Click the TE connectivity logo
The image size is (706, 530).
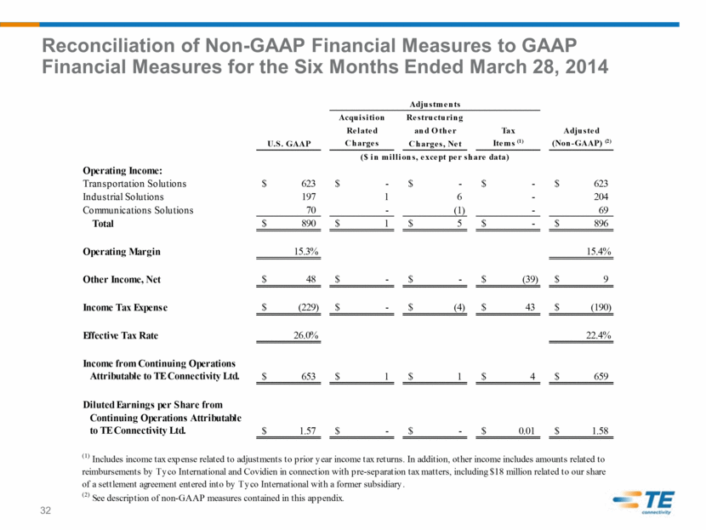pyautogui.click(x=643, y=502)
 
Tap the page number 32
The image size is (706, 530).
pyautogui.click(x=45, y=510)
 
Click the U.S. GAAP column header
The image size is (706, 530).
pyautogui.click(x=289, y=144)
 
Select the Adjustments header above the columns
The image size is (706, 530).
pyautogui.click(x=435, y=104)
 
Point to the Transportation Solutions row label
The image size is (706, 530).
pyautogui.click(x=134, y=184)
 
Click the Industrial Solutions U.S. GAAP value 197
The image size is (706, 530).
pyautogui.click(x=309, y=197)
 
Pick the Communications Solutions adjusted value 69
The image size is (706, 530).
pyautogui.click(x=603, y=210)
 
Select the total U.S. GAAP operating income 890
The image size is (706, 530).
pyautogui.click(x=309, y=224)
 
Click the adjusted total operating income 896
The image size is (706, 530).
pyautogui.click(x=601, y=224)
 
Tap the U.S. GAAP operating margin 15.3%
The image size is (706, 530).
pyautogui.click(x=306, y=251)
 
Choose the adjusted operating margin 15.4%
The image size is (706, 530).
pyautogui.click(x=598, y=251)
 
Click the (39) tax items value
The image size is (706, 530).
pyautogui.click(x=530, y=279)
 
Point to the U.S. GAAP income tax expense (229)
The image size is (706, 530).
pyautogui.click(x=309, y=307)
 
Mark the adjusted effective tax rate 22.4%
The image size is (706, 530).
pyautogui.click(x=598, y=335)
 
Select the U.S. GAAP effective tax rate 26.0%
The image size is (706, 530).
pyautogui.click(x=306, y=335)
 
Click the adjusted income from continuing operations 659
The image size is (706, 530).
pyautogui.click(x=601, y=377)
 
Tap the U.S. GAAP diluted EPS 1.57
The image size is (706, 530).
pyautogui.click(x=308, y=431)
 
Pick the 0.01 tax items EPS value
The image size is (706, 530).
pyautogui.click(x=527, y=431)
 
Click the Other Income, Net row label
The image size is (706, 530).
pyautogui.click(x=122, y=279)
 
